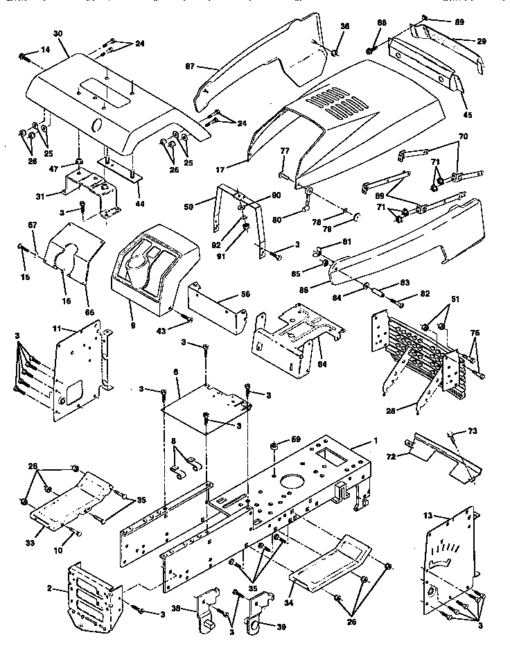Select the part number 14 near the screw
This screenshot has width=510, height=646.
pyautogui.click(x=46, y=50)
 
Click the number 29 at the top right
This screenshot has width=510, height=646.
pyautogui.click(x=481, y=42)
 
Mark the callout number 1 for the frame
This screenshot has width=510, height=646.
pyautogui.click(x=376, y=442)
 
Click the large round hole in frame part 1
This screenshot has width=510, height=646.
pyautogui.click(x=289, y=482)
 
